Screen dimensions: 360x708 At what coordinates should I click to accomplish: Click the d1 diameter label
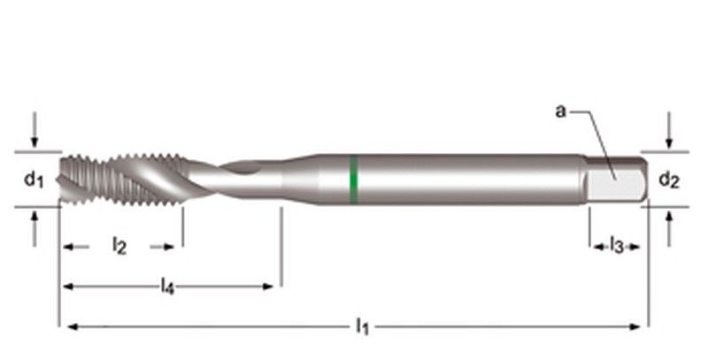(x=33, y=180)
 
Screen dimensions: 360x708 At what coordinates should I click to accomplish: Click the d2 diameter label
(x=669, y=180)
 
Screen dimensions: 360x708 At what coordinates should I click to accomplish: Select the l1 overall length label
(x=361, y=327)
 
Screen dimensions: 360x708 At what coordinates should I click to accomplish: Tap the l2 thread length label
(x=119, y=247)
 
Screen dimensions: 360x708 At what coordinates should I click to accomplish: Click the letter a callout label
(x=560, y=111)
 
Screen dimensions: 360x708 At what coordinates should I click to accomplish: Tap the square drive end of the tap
(x=617, y=182)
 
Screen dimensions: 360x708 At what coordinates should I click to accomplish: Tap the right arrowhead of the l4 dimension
(x=269, y=286)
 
